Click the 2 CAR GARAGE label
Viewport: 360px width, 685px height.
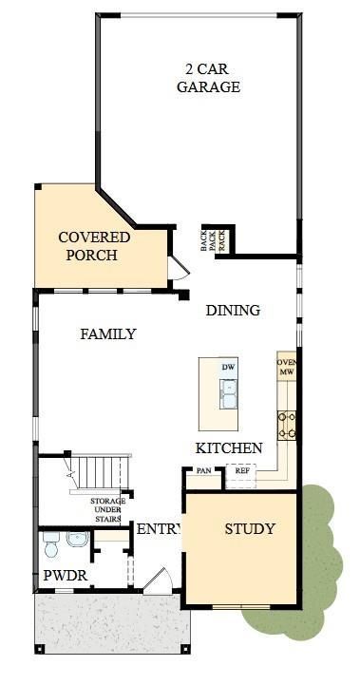tap(208, 78)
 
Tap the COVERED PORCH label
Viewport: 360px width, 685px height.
tap(94, 246)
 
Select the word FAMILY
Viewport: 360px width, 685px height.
tap(108, 334)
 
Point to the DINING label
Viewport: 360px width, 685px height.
tap(233, 310)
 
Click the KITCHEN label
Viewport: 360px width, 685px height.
tap(229, 448)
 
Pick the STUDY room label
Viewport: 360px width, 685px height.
tap(250, 529)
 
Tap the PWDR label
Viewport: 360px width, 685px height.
tap(66, 576)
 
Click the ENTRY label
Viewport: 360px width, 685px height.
tap(159, 529)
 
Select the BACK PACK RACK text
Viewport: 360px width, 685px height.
tap(213, 240)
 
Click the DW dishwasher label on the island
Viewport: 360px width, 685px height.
tap(228, 367)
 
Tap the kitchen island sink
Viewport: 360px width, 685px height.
tap(229, 394)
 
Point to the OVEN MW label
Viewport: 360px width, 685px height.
tap(287, 368)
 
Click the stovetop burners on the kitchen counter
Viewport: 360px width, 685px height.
tap(287, 425)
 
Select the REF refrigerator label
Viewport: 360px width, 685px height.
tap(242, 471)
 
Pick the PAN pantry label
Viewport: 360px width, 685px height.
tap(203, 471)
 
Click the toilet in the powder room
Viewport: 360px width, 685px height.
tap(51, 544)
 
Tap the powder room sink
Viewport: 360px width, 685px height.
tap(78, 539)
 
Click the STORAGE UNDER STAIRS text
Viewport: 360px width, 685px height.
tap(107, 510)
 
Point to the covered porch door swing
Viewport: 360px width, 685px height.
tap(179, 268)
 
